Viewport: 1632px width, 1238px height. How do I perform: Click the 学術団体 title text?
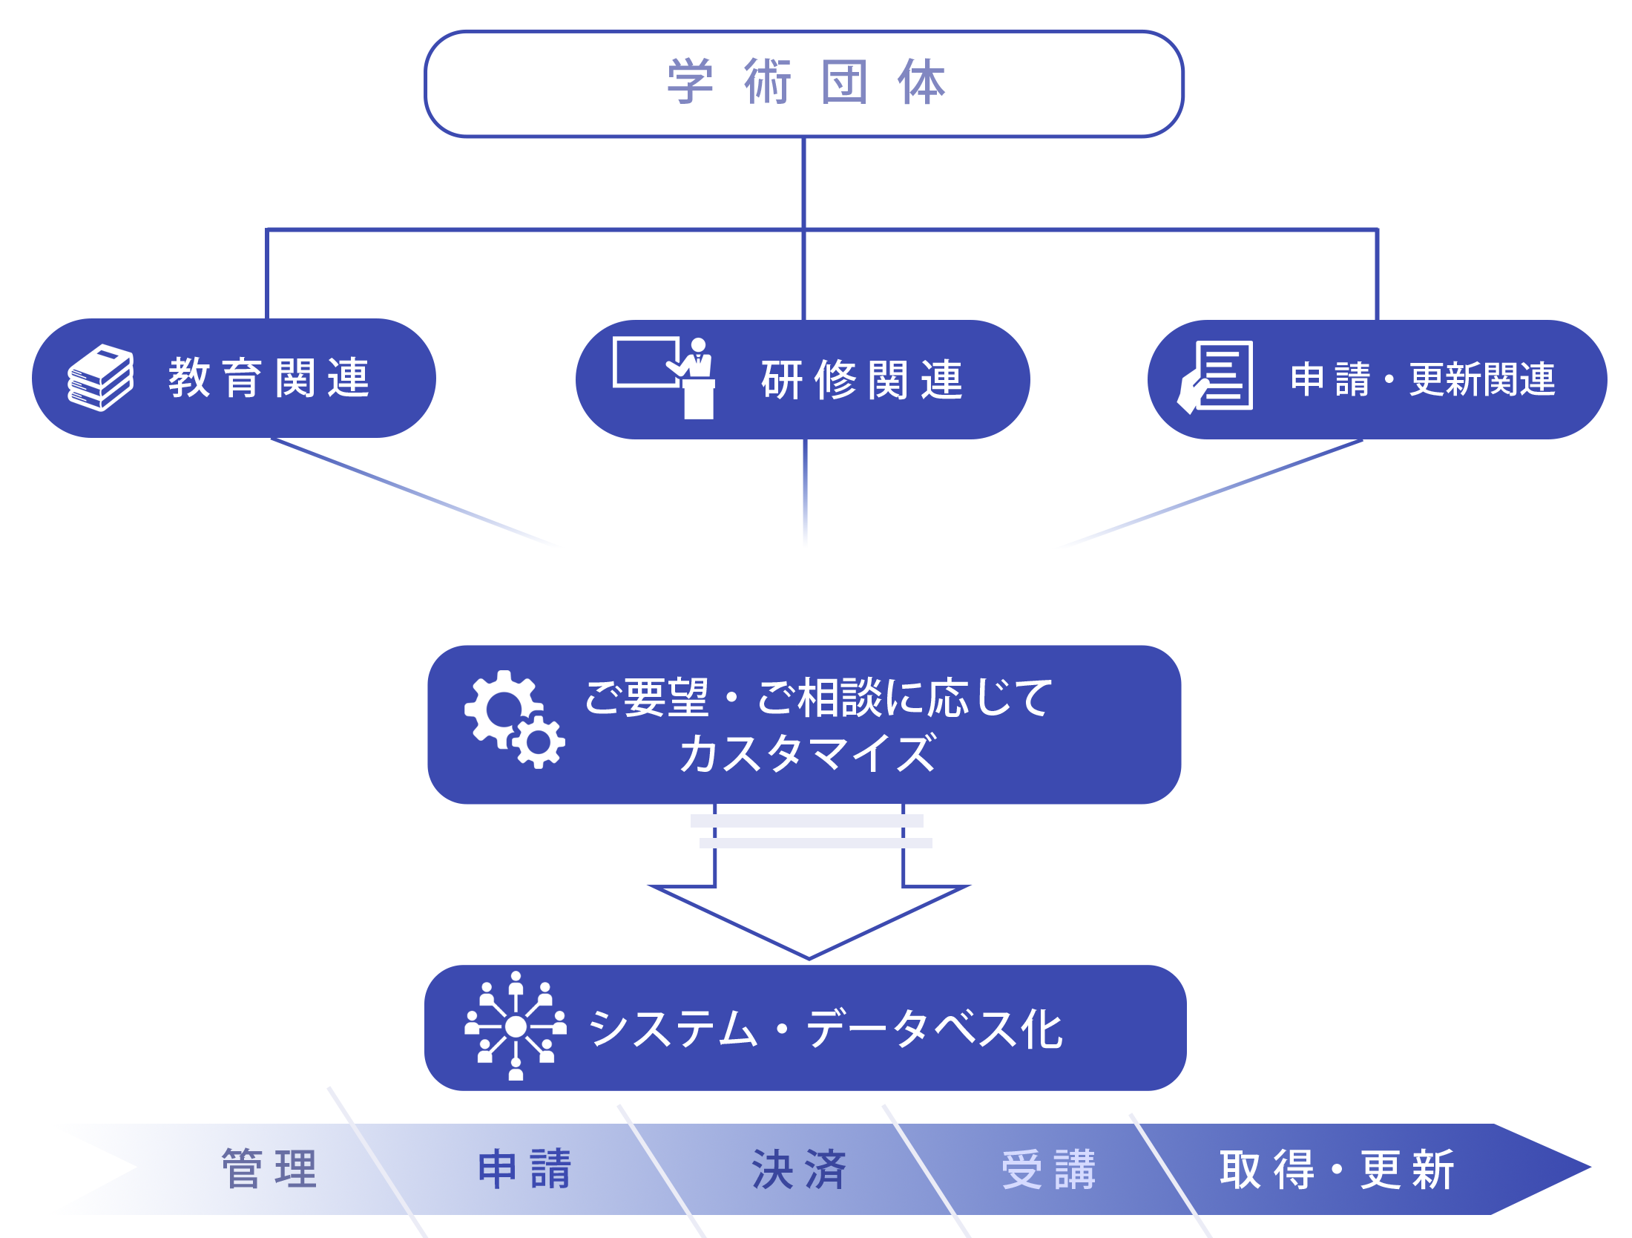point(806,82)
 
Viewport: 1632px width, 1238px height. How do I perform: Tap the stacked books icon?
point(101,377)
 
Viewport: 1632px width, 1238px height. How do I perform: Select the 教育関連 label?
point(269,378)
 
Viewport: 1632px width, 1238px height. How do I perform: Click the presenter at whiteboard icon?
point(665,377)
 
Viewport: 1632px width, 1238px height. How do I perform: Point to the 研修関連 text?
point(862,380)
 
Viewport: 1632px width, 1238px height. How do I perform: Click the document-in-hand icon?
point(1216,376)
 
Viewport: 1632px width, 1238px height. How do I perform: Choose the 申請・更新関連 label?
point(1422,379)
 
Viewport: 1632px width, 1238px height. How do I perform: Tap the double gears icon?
point(514,718)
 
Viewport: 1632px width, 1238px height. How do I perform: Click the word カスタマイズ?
point(807,754)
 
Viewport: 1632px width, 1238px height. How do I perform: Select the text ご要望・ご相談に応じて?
point(817,698)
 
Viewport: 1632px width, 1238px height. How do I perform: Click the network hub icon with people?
point(516,1026)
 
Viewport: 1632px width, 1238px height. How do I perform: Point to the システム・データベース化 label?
point(825,1029)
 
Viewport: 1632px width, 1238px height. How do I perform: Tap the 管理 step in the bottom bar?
point(269,1169)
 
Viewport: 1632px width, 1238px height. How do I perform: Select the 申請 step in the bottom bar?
point(524,1169)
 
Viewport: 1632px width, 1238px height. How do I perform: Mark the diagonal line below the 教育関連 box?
point(412,492)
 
